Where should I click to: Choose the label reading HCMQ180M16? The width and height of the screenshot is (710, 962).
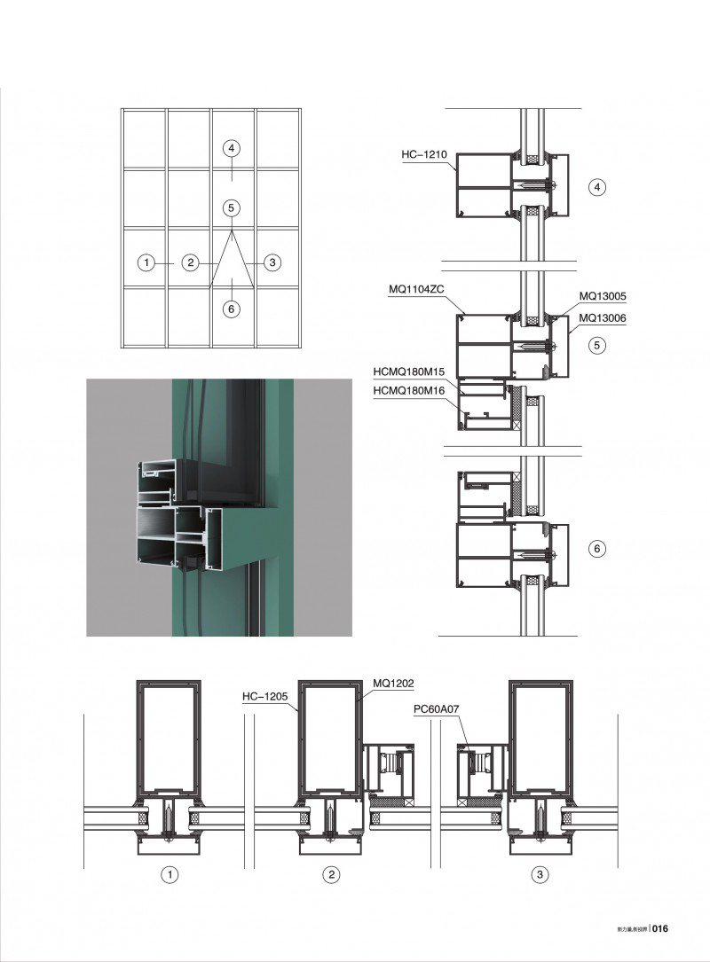[x=408, y=390]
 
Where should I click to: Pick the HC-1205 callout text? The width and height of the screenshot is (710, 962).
[x=264, y=697]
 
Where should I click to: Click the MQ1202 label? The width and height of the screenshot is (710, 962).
[x=393, y=684]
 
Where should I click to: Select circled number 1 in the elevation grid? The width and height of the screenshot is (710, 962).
[x=147, y=262]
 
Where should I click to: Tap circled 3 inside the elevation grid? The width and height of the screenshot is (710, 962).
[x=272, y=262]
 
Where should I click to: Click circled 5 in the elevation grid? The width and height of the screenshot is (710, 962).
[x=231, y=208]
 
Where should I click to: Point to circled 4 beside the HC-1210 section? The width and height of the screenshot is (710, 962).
[x=597, y=187]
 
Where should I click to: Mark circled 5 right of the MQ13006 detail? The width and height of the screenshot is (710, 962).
[x=597, y=346]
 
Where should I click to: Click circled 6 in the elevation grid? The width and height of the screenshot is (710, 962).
[x=231, y=309]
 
